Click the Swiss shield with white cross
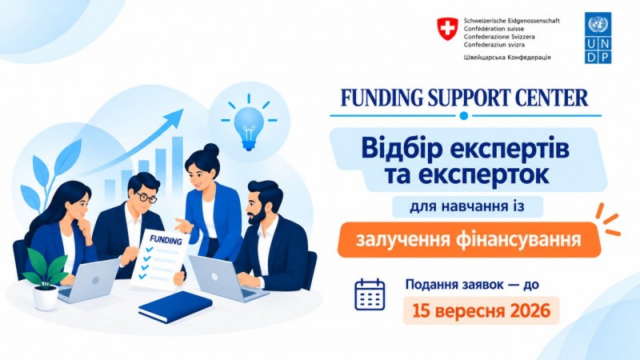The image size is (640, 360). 448,29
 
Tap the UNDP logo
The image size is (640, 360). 598,38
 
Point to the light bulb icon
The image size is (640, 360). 249,123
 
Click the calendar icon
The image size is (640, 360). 370,294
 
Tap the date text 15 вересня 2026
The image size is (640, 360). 482,311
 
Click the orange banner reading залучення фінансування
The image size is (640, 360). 469,239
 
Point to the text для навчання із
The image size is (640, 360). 467,206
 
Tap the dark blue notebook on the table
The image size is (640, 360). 175,307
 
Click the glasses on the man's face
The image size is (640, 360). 146,198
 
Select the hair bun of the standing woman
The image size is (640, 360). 211,150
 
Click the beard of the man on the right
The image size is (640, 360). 256,216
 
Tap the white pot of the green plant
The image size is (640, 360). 46,298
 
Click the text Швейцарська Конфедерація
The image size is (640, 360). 507,58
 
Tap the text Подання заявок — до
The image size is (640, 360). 472,285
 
